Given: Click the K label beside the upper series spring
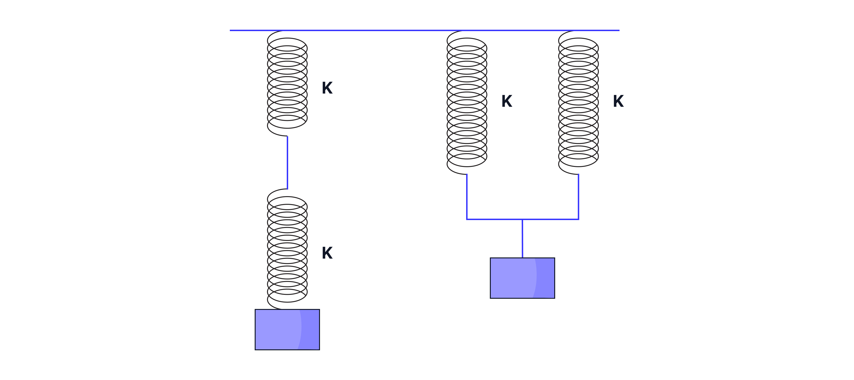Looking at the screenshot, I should [x=327, y=88].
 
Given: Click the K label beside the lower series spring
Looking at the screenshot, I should [x=327, y=253].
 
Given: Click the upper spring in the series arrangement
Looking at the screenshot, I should [x=287, y=83].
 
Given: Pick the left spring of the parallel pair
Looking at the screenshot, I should [x=467, y=103].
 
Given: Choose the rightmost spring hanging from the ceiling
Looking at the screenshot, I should [x=578, y=103].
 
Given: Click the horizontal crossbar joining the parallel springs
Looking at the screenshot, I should [x=494, y=219].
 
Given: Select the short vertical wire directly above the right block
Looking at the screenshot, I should [x=522, y=240].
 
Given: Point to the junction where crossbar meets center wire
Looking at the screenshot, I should [x=522, y=219].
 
